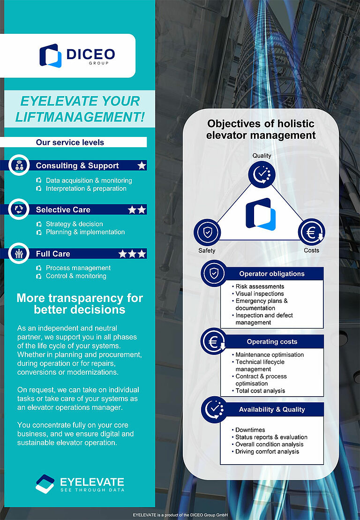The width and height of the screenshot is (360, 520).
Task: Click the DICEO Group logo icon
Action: click(x=50, y=55)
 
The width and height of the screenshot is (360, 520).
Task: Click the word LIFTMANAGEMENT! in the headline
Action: click(x=80, y=116)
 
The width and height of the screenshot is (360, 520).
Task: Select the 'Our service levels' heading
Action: click(x=70, y=142)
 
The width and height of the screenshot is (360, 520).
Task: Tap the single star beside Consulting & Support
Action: click(x=142, y=166)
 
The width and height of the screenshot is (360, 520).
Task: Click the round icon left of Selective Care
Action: click(x=19, y=209)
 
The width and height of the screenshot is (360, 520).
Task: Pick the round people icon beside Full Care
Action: click(x=19, y=253)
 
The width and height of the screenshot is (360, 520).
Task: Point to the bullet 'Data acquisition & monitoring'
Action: click(x=89, y=181)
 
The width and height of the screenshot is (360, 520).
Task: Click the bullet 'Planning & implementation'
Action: click(x=85, y=232)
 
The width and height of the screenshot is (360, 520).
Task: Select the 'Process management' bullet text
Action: click(x=78, y=268)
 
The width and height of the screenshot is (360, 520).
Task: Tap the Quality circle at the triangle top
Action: click(x=262, y=174)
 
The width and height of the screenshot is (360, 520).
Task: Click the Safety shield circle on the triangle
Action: click(x=207, y=232)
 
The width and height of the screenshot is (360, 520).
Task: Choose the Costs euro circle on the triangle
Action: click(x=311, y=232)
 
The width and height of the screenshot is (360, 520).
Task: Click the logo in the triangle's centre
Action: click(x=261, y=214)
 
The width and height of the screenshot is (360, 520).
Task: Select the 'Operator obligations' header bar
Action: click(x=271, y=274)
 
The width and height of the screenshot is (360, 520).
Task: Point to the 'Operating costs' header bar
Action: click(x=272, y=342)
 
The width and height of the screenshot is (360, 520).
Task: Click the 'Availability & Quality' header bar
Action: click(x=272, y=409)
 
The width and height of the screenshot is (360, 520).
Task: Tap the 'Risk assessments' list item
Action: click(x=260, y=286)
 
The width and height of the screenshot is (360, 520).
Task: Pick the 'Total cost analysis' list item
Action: click(x=260, y=391)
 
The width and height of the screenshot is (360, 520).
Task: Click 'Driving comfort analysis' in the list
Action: click(x=267, y=452)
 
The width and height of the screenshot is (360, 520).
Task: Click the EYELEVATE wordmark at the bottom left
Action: click(x=92, y=482)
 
